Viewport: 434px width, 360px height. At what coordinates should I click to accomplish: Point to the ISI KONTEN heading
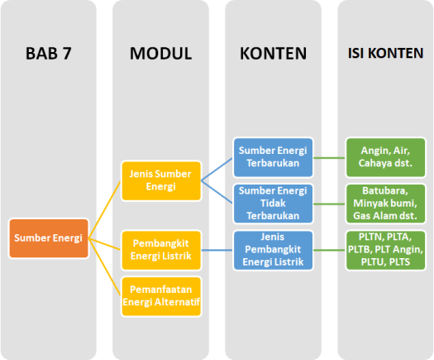386,54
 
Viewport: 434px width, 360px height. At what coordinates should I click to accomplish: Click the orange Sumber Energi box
49,238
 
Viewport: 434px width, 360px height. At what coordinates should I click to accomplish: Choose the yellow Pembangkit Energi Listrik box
161,249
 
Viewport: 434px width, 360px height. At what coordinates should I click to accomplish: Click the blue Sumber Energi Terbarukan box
274,156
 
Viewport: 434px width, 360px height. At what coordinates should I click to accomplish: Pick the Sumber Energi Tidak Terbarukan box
274,204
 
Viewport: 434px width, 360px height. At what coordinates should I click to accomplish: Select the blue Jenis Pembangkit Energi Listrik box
274,250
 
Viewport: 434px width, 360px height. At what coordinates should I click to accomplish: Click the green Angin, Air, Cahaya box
386,156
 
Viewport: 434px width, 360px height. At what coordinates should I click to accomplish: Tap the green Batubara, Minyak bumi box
386,204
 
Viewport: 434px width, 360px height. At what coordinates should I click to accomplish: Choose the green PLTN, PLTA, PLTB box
386,250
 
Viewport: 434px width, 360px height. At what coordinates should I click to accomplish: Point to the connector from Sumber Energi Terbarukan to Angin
330,156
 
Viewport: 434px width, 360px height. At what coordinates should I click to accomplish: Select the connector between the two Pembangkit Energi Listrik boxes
217,250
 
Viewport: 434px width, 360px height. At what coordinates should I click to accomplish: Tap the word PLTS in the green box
402,262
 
